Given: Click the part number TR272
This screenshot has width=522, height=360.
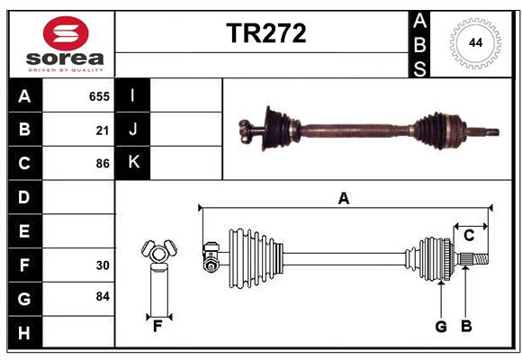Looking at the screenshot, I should pyautogui.click(x=265, y=34).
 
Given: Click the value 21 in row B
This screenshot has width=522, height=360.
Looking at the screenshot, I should pyautogui.click(x=103, y=130).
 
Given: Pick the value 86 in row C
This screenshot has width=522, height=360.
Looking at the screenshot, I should pyautogui.click(x=103, y=164).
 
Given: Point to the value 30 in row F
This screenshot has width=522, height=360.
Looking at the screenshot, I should pyautogui.click(x=103, y=265).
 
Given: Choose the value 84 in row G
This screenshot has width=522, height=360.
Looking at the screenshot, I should pyautogui.click(x=103, y=296).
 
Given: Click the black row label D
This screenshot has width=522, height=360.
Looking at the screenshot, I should pyautogui.click(x=24, y=196).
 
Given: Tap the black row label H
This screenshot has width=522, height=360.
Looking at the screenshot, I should pyautogui.click(x=24, y=333).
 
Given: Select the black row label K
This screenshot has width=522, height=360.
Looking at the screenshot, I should pyautogui.click(x=133, y=163).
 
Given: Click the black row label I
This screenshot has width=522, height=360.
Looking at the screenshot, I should pyautogui.click(x=133, y=95).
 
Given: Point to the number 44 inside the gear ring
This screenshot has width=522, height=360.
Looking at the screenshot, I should pyautogui.click(x=473, y=42).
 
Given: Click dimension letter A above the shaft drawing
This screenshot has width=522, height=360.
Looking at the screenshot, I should pyautogui.click(x=343, y=199).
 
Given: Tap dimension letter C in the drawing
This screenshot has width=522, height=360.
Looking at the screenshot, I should pyautogui.click(x=469, y=236).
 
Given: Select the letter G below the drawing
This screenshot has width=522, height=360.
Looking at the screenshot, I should pyautogui.click(x=441, y=327).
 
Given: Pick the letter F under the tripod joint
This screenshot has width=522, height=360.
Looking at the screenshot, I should pyautogui.click(x=157, y=327).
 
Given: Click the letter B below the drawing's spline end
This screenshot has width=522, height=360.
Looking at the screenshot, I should pyautogui.click(x=466, y=327).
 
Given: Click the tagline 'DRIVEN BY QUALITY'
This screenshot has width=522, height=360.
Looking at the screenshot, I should pyautogui.click(x=66, y=68).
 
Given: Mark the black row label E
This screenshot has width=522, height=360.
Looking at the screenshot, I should pyautogui.click(x=24, y=231).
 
